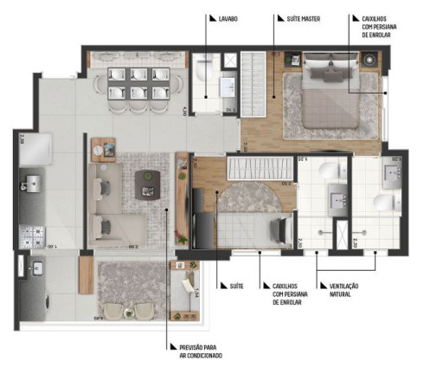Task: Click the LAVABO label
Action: (229, 17)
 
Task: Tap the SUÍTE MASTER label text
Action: (298, 17)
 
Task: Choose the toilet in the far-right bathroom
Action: (382, 204)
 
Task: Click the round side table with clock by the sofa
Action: (108, 150)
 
